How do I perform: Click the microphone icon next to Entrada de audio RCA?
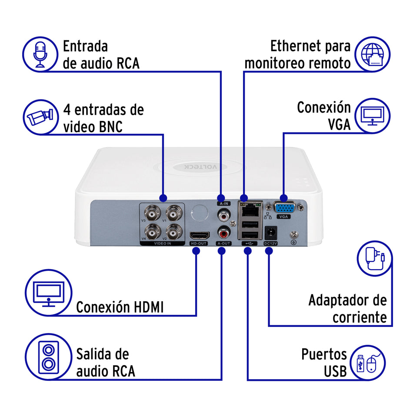tap(40, 54)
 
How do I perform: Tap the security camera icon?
tap(40, 117)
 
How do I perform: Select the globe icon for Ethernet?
tap(373, 54)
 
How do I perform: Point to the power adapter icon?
tap(374, 260)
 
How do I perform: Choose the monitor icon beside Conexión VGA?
tap(373, 117)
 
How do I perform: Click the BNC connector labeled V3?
tap(153, 214)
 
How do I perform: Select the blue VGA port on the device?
tap(285, 207)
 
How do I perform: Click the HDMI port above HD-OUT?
tap(199, 236)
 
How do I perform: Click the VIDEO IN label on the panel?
tap(163, 244)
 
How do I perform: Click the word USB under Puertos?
tap(335, 371)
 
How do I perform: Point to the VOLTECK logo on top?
tap(207, 167)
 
